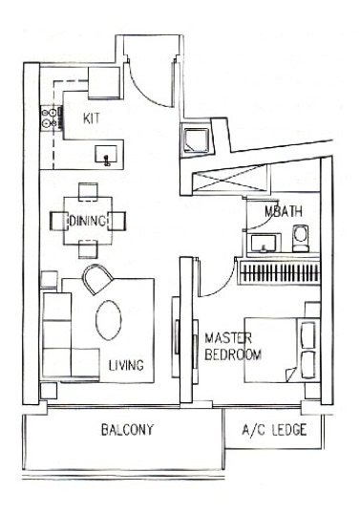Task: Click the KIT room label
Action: pyautogui.click(x=92, y=118)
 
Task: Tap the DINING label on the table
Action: pyautogui.click(x=88, y=221)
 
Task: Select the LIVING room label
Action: pyautogui.click(x=126, y=365)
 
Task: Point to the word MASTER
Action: pyautogui.click(x=228, y=338)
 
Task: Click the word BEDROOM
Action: pyautogui.click(x=233, y=354)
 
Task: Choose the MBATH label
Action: pyautogui.click(x=283, y=211)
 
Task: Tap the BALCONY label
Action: pyautogui.click(x=127, y=430)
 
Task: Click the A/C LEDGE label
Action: pyautogui.click(x=274, y=430)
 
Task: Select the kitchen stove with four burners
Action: pyautogui.click(x=52, y=118)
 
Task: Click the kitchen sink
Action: pyautogui.click(x=106, y=155)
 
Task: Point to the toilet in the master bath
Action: pyautogui.click(x=301, y=238)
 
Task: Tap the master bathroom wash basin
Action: pyautogui.click(x=264, y=244)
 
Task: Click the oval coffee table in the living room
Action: pyautogui.click(x=109, y=320)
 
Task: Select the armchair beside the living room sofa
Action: pyautogui.click(x=97, y=279)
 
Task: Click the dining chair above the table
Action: pyautogui.click(x=88, y=191)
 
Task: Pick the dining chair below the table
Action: pyautogui.click(x=88, y=249)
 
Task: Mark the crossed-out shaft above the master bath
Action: pyautogui.click(x=230, y=179)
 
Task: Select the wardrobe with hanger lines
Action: pyautogui.click(x=280, y=271)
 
